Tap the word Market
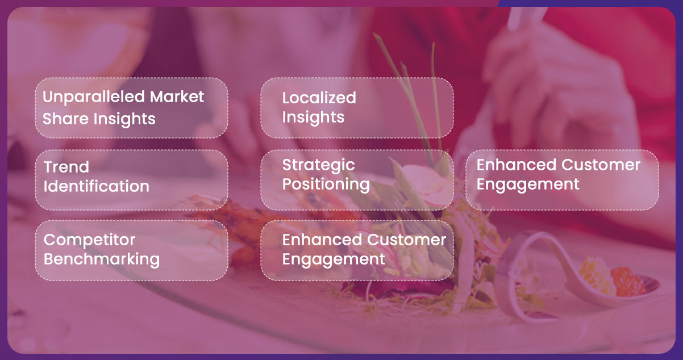tap(177, 97)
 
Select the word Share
tap(66, 118)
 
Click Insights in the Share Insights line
tap(124, 119)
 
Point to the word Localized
tap(319, 98)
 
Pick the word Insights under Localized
tap(313, 118)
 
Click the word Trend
tap(66, 167)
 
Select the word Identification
tap(97, 186)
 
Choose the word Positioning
tap(326, 185)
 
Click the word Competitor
tap(89, 240)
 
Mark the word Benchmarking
tap(102, 259)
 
